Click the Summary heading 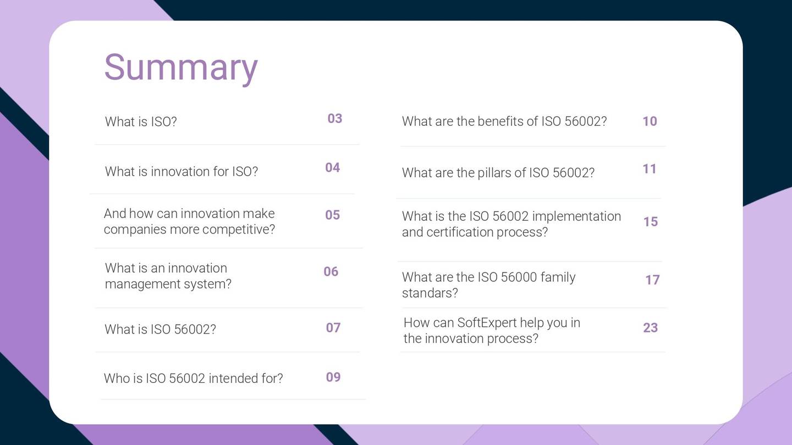click(x=180, y=67)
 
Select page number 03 click(x=334, y=119)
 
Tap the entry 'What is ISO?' click(x=141, y=121)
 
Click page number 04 click(x=332, y=168)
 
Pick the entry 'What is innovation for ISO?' click(x=181, y=171)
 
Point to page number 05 click(x=332, y=215)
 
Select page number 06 click(x=331, y=271)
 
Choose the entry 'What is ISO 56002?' click(x=160, y=329)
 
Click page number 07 click(x=333, y=328)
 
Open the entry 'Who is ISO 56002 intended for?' click(x=193, y=379)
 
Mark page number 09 click(x=333, y=377)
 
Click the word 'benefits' click(x=500, y=121)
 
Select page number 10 click(x=650, y=121)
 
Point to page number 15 click(x=650, y=222)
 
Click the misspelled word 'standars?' click(x=430, y=293)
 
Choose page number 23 click(x=650, y=328)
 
